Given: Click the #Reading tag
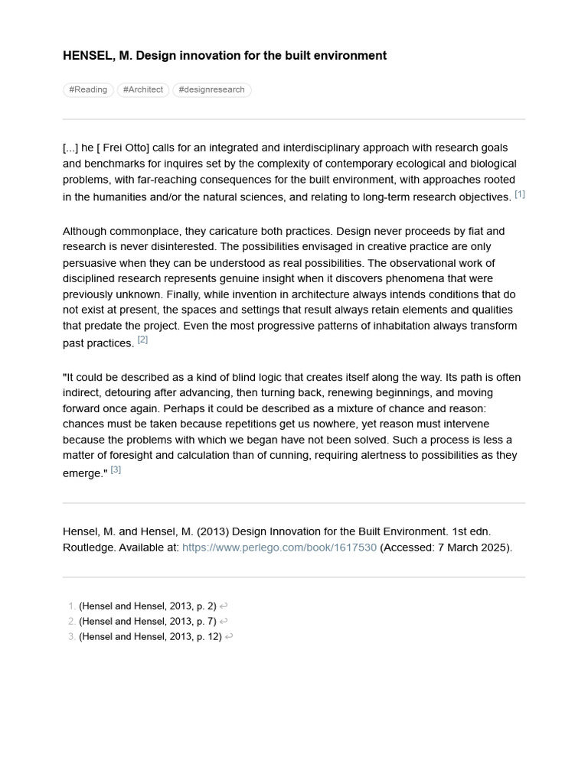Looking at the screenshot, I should point(88,89).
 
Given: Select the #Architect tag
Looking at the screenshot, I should point(143,89).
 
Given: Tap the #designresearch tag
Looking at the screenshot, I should point(211,89).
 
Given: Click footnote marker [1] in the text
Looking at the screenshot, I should point(520,194).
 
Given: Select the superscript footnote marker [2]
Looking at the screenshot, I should point(142,340).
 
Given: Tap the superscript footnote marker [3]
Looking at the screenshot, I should point(116,469).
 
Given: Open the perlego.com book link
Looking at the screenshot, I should point(279,547).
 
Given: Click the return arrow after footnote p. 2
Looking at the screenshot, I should point(224,606).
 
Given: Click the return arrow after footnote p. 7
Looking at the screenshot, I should point(224,621).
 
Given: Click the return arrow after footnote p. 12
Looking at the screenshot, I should point(229,636).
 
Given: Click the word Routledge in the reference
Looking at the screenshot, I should point(90,547).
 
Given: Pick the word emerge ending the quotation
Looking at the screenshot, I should point(82,473).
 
